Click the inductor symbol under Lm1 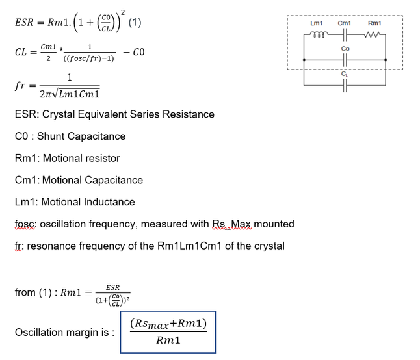(x=318, y=34)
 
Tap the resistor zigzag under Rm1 (x=372, y=34)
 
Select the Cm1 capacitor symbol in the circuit (x=345, y=34)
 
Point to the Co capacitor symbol (x=345, y=60)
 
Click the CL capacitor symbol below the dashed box (x=345, y=85)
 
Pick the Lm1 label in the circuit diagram (x=317, y=23)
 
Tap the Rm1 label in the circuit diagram (x=374, y=23)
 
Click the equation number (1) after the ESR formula (x=135, y=23)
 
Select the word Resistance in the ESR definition (x=189, y=114)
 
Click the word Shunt (x=51, y=136)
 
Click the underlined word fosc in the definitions (x=25, y=224)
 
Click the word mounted (x=274, y=224)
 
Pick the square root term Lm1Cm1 (x=79, y=94)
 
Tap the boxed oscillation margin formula (x=168, y=332)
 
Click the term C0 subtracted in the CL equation (x=138, y=52)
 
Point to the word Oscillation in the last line (x=39, y=333)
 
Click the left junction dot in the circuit (x=304, y=60)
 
